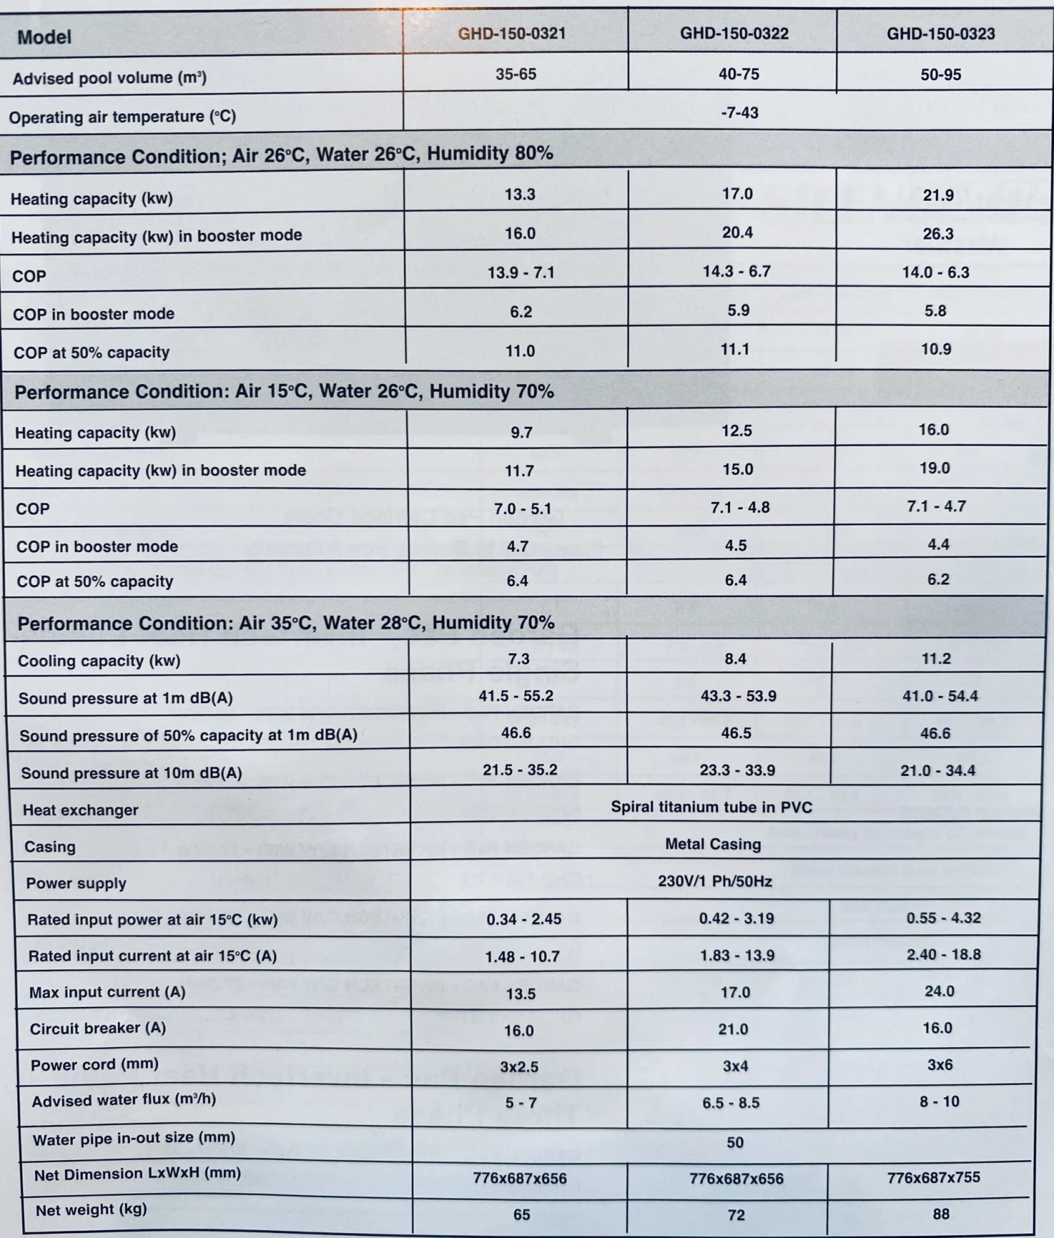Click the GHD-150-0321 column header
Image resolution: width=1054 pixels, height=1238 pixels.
(512, 33)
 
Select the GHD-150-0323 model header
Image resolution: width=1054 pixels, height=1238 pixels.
(940, 34)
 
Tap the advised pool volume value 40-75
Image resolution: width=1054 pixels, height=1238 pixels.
(739, 74)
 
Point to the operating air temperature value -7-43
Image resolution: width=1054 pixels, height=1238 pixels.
(739, 112)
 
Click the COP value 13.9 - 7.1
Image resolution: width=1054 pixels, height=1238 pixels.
(521, 272)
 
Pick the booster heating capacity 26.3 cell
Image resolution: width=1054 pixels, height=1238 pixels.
(938, 233)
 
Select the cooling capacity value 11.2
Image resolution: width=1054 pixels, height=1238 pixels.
(936, 659)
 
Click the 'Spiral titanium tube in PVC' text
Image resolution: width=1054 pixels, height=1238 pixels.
(711, 807)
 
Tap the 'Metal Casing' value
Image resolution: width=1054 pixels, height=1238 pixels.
(713, 844)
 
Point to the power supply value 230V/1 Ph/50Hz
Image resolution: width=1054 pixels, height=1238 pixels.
(715, 881)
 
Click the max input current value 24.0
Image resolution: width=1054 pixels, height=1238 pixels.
(939, 991)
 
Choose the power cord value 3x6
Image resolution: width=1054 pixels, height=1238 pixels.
(939, 1065)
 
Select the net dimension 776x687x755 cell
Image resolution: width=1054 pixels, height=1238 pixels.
(933, 1177)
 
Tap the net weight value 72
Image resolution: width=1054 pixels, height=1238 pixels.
(736, 1215)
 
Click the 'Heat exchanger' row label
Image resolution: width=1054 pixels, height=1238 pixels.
(80, 810)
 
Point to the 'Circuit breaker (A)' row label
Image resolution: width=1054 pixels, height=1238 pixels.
(98, 1028)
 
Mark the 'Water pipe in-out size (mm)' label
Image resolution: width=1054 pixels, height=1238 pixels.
(134, 1138)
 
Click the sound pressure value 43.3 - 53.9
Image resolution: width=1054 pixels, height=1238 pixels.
(738, 696)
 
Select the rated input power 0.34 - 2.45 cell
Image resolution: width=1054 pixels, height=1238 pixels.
(523, 919)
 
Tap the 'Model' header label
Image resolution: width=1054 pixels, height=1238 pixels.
(44, 37)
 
